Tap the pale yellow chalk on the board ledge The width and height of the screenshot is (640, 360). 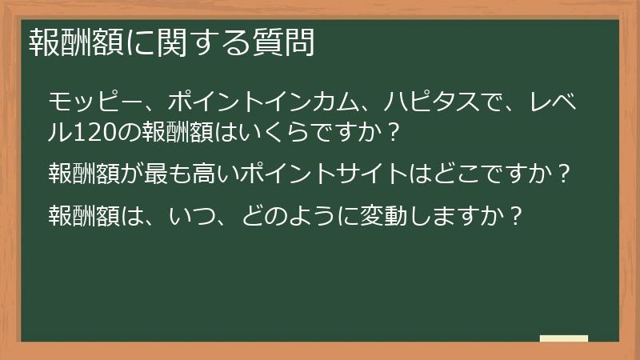coord(564,338)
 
